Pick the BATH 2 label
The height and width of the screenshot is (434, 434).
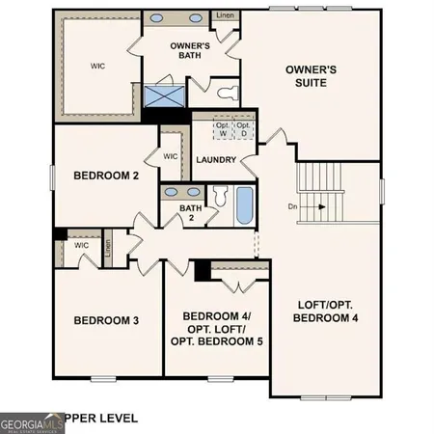point(189,212)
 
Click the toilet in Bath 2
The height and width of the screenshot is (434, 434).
point(218,197)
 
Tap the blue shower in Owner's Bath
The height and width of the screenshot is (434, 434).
point(155,96)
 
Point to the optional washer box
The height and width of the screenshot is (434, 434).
point(222,128)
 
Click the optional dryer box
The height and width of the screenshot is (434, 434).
point(243,128)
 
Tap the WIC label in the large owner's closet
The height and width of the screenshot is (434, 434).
point(97,67)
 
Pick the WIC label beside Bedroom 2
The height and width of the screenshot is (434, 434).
point(171,156)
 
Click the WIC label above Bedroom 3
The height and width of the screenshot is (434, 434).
point(81,245)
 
